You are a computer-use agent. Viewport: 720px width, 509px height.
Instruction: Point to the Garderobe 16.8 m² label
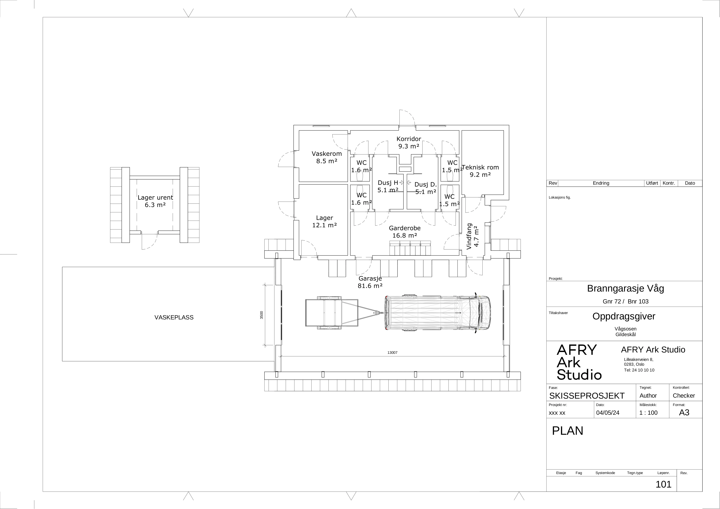[x=404, y=232]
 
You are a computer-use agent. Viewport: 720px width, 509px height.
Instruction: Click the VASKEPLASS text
[x=174, y=317]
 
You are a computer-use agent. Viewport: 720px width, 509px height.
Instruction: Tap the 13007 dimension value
[x=392, y=352]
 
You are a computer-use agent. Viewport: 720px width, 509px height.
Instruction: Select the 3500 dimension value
[x=262, y=315]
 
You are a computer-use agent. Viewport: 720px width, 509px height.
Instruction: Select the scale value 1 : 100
[x=648, y=413]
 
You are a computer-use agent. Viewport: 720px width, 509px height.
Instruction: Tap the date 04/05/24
[x=608, y=413]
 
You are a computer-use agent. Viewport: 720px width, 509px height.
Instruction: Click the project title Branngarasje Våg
[x=626, y=289]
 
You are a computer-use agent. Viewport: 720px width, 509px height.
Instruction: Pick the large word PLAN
[x=567, y=431]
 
